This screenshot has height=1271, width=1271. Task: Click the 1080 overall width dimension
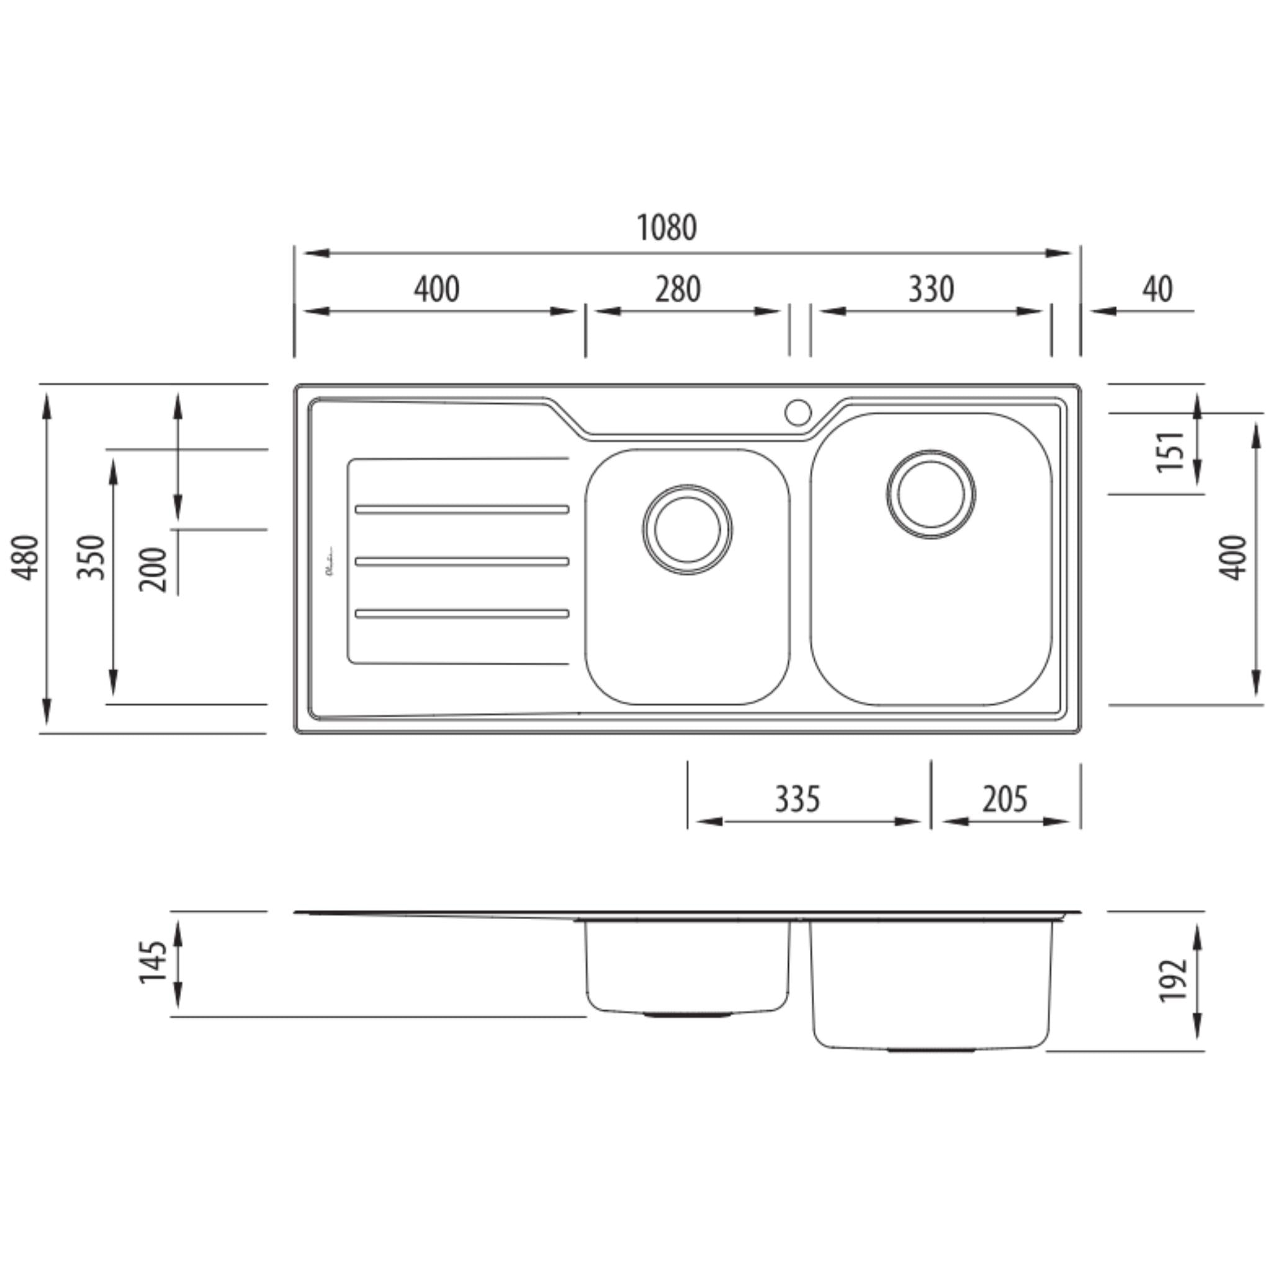pyautogui.click(x=667, y=228)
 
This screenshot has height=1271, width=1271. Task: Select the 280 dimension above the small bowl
pyautogui.click(x=678, y=289)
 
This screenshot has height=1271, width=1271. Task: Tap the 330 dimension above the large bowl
pyautogui.click(x=931, y=289)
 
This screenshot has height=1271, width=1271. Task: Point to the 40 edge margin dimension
pyautogui.click(x=1157, y=289)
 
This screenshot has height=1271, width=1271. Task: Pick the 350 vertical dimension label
pyautogui.click(x=91, y=557)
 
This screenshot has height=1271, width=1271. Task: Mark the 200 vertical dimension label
pyautogui.click(x=154, y=569)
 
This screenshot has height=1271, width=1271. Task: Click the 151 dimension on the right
pyautogui.click(x=1170, y=452)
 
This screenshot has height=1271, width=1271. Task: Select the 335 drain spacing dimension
pyautogui.click(x=797, y=800)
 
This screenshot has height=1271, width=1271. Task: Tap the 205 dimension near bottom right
pyautogui.click(x=1005, y=800)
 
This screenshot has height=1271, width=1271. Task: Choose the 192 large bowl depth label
pyautogui.click(x=1172, y=980)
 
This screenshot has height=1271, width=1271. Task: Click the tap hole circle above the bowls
pyautogui.click(x=798, y=413)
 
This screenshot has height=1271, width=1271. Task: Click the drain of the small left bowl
pyautogui.click(x=688, y=530)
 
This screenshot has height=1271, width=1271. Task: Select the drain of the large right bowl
pyautogui.click(x=931, y=494)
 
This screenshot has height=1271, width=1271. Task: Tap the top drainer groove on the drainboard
pyautogui.click(x=462, y=509)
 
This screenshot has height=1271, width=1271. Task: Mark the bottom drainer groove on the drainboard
pyautogui.click(x=462, y=614)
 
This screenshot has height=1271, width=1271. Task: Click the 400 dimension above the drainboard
pyautogui.click(x=437, y=289)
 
